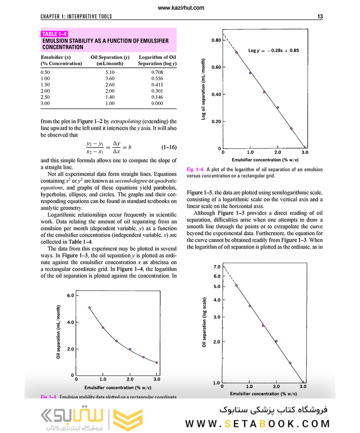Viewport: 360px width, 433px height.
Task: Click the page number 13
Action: [x=320, y=17]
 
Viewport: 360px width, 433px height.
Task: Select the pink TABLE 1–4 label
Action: [x=55, y=34]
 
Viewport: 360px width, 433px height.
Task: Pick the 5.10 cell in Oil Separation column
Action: [x=110, y=72]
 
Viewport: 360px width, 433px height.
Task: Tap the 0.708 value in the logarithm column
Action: [x=157, y=72]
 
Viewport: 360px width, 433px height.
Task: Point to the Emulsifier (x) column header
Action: [x=55, y=57]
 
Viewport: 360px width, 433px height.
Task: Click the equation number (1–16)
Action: [x=169, y=148]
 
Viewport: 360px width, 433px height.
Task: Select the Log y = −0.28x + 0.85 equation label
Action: [x=273, y=50]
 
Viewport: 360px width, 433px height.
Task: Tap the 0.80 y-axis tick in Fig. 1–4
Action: [x=216, y=40]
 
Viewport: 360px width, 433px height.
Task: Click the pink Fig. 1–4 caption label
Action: [x=195, y=169]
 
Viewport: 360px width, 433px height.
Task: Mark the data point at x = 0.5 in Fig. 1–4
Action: [x=236, y=52]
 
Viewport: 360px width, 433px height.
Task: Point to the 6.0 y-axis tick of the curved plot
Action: [x=70, y=295]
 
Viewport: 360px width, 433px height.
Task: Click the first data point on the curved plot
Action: [x=89, y=308]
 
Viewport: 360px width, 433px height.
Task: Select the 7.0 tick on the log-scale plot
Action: [x=217, y=267]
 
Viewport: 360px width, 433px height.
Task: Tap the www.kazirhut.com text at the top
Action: [x=180, y=8]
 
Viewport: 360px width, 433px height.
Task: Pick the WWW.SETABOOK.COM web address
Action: [x=258, y=424]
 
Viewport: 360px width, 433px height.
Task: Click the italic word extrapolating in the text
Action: [x=130, y=121]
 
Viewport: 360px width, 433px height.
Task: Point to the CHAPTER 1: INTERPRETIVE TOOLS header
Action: [x=76, y=17]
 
